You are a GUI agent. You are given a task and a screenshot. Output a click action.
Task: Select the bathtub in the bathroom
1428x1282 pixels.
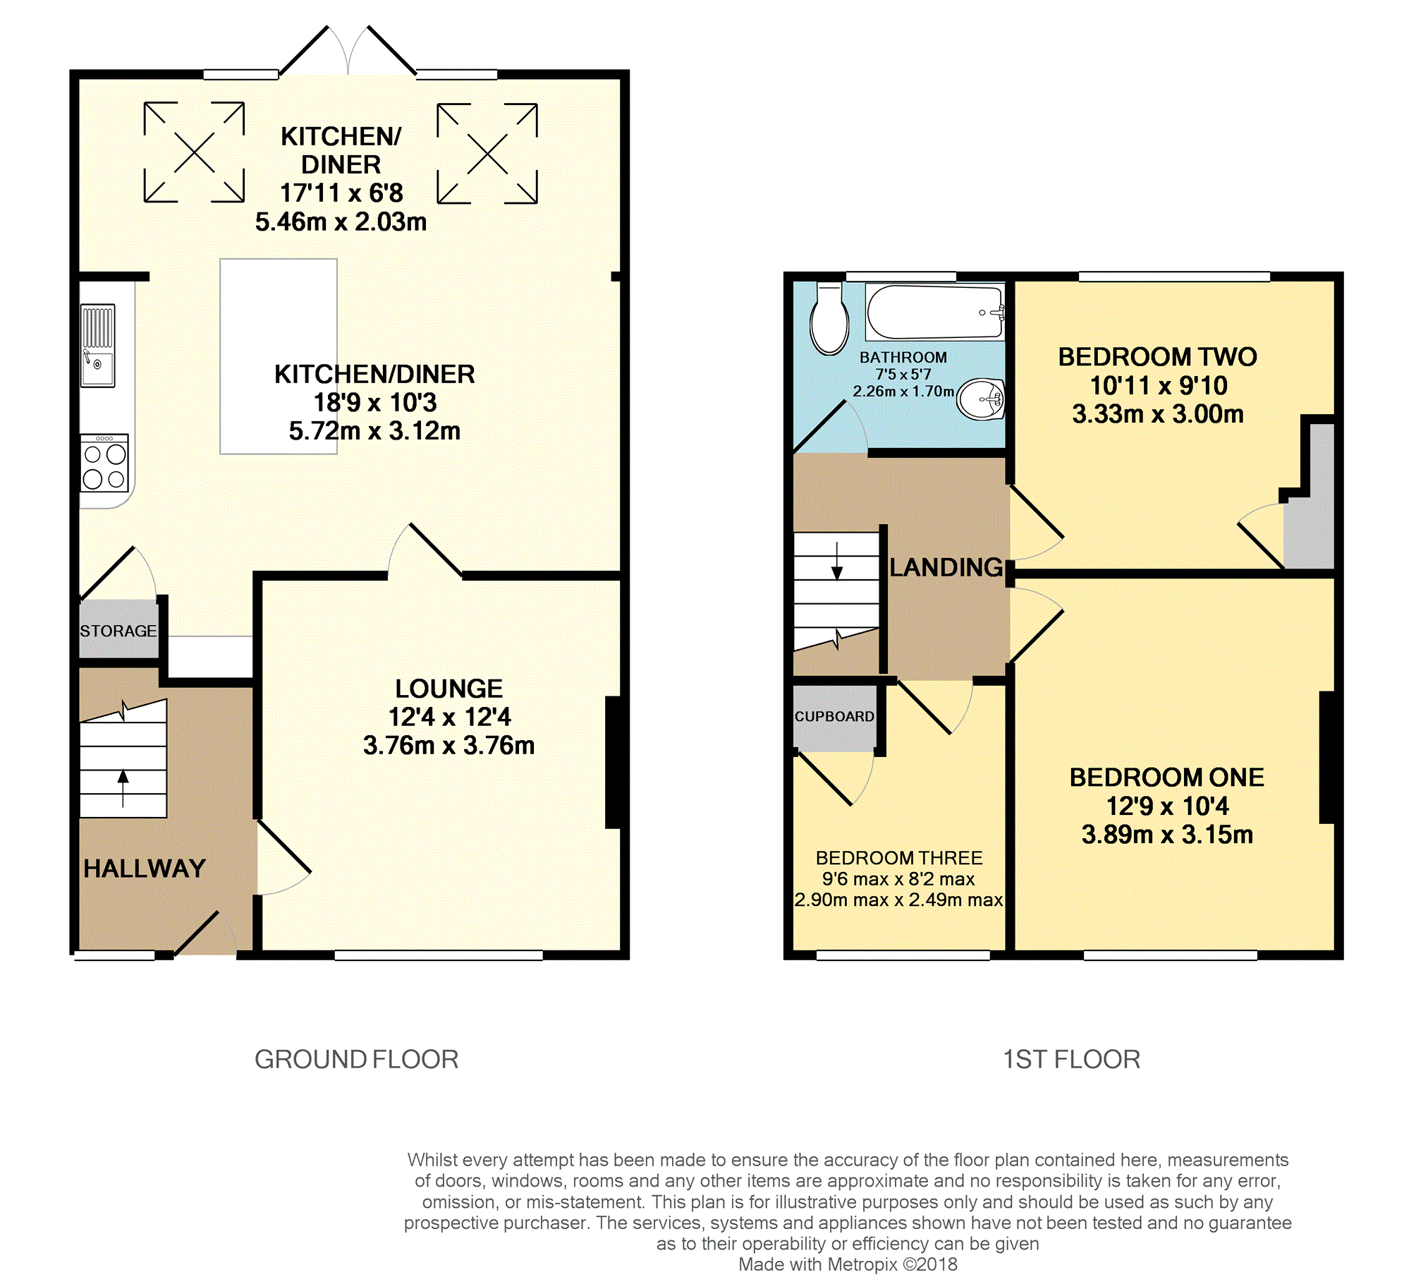tap(935, 312)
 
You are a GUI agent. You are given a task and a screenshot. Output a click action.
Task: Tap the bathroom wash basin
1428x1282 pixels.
tap(981, 399)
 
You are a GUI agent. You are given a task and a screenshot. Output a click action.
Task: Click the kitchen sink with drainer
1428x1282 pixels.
tap(98, 346)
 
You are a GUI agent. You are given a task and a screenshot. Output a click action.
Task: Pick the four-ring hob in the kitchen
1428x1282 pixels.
tap(104, 462)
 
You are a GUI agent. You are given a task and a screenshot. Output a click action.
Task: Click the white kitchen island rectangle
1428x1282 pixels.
tap(279, 356)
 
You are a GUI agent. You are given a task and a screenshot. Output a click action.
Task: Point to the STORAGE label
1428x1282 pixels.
tap(118, 631)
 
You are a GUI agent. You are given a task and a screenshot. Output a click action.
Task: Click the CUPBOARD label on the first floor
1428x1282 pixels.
tap(834, 716)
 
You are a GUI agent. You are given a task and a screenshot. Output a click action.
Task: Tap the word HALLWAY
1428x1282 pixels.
tap(145, 869)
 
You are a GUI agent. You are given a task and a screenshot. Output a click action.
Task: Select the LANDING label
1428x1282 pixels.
tap(946, 567)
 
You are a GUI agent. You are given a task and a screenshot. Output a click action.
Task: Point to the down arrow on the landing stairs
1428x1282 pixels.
tap(837, 562)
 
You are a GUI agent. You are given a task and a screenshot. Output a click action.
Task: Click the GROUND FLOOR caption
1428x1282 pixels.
tap(357, 1059)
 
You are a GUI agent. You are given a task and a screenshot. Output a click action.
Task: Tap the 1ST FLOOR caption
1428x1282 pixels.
tap(1072, 1059)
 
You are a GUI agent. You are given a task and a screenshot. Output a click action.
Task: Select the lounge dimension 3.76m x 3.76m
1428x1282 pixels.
tap(449, 745)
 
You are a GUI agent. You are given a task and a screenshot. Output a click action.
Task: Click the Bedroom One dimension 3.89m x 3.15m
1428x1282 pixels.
tap(1168, 834)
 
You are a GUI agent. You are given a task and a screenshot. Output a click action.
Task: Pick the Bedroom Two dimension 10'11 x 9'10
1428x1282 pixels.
tap(1159, 385)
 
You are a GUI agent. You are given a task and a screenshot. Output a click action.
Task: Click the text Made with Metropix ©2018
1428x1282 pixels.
tap(848, 1264)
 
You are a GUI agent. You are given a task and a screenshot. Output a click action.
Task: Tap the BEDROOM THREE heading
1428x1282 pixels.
tap(899, 858)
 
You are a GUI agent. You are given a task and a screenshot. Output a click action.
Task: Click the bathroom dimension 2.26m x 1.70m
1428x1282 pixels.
tap(903, 391)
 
